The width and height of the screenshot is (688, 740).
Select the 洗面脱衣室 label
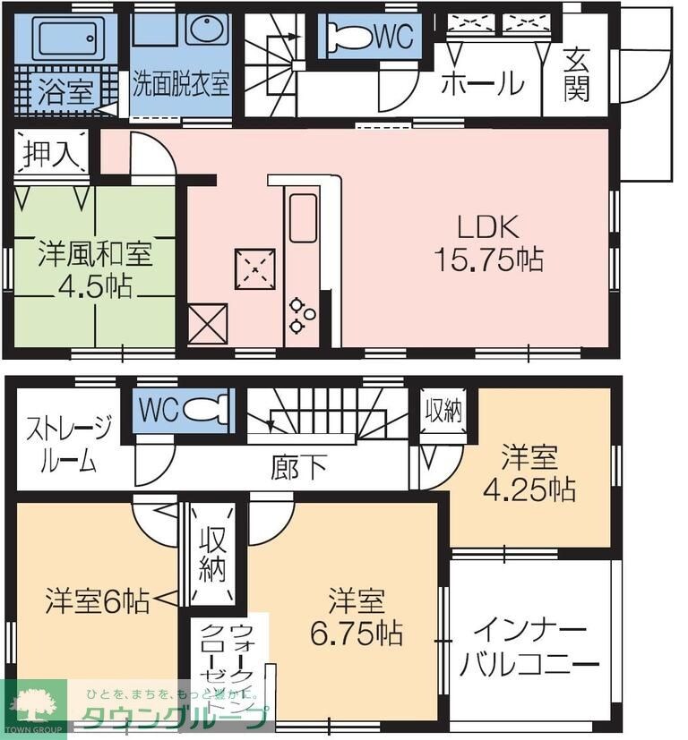181,85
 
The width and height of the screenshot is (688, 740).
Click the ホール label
482,83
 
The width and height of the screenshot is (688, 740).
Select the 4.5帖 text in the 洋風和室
97,286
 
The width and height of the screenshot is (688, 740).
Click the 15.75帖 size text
487,259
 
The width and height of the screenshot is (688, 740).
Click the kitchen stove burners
301,311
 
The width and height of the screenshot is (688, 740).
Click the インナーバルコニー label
529,648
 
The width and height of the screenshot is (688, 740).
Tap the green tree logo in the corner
36,707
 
